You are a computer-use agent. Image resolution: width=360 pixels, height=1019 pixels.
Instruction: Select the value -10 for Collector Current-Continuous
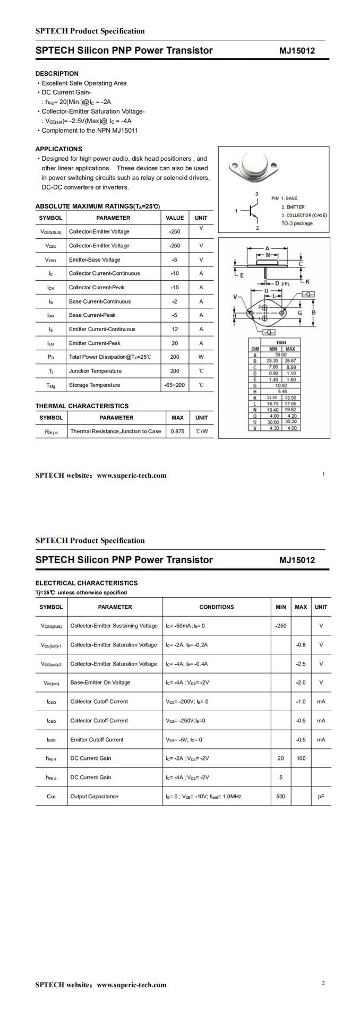[x=175, y=273]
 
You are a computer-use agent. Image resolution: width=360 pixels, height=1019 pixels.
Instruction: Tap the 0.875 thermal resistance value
[x=178, y=431]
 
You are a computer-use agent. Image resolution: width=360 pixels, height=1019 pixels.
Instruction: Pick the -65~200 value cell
[x=175, y=385]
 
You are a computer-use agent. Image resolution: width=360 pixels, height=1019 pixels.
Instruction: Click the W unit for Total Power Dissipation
[x=201, y=357]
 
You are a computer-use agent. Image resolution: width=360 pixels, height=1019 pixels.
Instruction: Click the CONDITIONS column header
[x=216, y=607]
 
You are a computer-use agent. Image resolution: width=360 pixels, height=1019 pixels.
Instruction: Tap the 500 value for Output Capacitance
[x=281, y=797]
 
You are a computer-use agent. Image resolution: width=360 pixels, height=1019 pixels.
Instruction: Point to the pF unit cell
[x=321, y=797]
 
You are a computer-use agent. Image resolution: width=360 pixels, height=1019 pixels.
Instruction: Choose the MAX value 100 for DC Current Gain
[x=301, y=758]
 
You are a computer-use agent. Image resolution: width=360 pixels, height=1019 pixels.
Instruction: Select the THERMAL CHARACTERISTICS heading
[x=82, y=406]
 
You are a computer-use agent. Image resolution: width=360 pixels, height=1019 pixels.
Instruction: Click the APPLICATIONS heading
[x=59, y=149]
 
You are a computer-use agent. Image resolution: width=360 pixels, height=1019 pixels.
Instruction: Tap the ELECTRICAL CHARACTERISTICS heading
[x=87, y=583]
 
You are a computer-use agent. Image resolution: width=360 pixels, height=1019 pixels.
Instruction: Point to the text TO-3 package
[x=297, y=223]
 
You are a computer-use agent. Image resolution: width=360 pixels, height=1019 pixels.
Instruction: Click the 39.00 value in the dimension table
[x=279, y=355]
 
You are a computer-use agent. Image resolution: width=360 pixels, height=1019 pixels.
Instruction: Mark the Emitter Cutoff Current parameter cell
[x=97, y=739]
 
